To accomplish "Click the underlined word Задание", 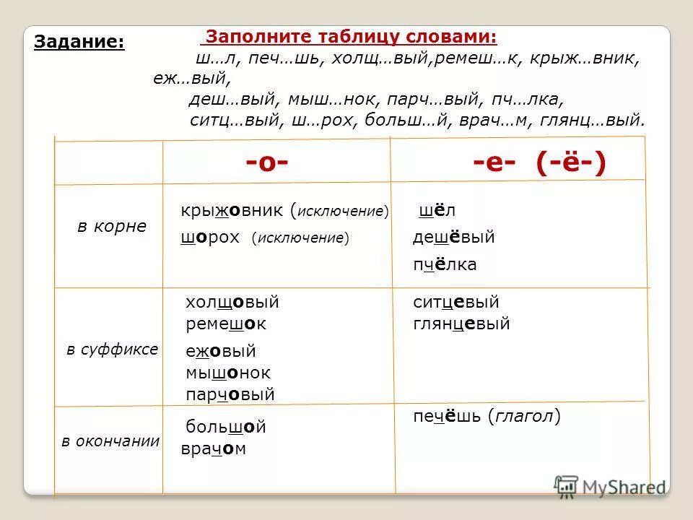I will click(x=79, y=43).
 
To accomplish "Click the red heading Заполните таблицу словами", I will click(x=352, y=37).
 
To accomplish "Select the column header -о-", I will click(x=267, y=164).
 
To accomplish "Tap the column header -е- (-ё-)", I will click(x=540, y=164).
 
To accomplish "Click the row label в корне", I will click(x=112, y=226).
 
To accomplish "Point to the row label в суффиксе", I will click(x=112, y=350).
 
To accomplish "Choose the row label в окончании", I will click(x=110, y=441).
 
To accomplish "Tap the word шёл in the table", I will click(x=437, y=211).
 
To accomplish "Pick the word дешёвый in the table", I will click(x=453, y=238).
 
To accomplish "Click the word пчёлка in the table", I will click(x=445, y=265).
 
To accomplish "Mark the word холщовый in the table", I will click(x=232, y=303).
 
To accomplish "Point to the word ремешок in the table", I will click(x=226, y=324).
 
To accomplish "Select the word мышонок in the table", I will click(x=228, y=373).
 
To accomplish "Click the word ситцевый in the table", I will click(x=456, y=303).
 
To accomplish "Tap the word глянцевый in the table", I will click(x=461, y=324).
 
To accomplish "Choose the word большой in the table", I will click(x=225, y=427).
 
